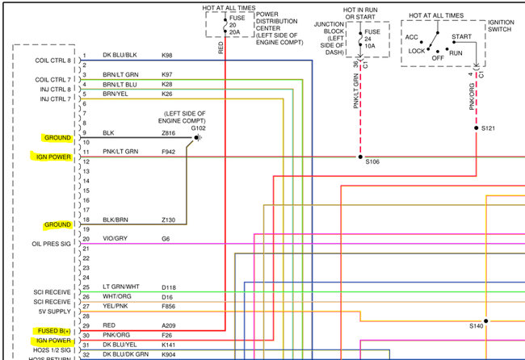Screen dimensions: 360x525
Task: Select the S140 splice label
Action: [x=477, y=327]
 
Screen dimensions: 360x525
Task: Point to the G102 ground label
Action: [x=199, y=128]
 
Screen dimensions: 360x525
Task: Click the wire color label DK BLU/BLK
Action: [x=120, y=55]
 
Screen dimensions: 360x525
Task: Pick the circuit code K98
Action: [x=168, y=55]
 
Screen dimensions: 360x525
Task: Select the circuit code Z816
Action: [x=169, y=132]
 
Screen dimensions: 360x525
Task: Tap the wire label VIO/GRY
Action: [x=115, y=238]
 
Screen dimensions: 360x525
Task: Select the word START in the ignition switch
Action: [x=462, y=36]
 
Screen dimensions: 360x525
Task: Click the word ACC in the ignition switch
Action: [x=412, y=36]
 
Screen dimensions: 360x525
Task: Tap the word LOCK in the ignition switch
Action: [x=416, y=50]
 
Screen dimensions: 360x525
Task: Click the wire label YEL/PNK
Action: [x=115, y=307]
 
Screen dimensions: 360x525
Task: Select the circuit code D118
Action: [x=170, y=287]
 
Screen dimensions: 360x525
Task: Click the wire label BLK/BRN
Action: [x=115, y=219]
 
